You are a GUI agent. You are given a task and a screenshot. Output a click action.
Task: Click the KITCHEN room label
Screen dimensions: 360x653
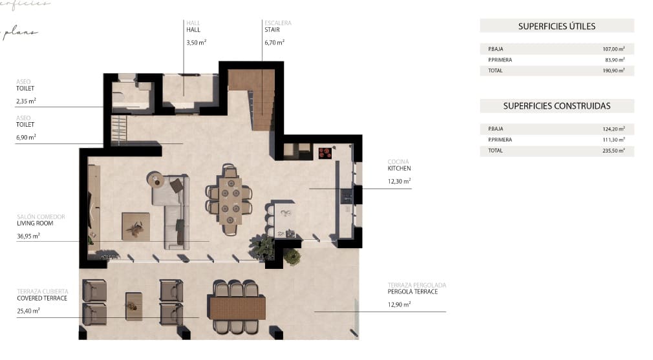tap(399, 168)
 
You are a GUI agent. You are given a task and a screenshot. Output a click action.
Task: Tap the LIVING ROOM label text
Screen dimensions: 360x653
tap(35, 224)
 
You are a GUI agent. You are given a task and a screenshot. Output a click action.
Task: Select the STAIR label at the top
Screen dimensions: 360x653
tap(272, 30)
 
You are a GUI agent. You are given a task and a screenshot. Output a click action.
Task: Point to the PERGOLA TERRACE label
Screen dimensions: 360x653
tap(412, 291)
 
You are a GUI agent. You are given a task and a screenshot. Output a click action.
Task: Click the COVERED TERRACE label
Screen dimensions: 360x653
tap(42, 298)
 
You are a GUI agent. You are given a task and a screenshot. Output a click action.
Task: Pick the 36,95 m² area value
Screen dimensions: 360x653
tap(28, 236)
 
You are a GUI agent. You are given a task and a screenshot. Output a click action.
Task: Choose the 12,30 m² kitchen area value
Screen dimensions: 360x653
tap(399, 182)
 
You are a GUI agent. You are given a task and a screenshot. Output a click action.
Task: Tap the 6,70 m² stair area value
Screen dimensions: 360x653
tap(274, 43)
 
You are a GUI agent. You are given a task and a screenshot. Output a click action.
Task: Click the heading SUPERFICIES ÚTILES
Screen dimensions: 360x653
tap(557, 26)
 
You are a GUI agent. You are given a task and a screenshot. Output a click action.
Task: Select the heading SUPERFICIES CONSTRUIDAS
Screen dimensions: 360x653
tap(557, 106)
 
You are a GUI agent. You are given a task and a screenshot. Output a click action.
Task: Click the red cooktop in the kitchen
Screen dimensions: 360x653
tap(325, 153)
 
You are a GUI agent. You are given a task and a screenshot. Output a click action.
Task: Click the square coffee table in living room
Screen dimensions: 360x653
tap(136, 226)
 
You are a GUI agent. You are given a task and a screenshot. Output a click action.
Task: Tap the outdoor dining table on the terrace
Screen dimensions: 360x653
tap(237, 307)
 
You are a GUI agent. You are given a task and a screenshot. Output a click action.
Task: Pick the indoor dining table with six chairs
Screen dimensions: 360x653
tap(230, 200)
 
